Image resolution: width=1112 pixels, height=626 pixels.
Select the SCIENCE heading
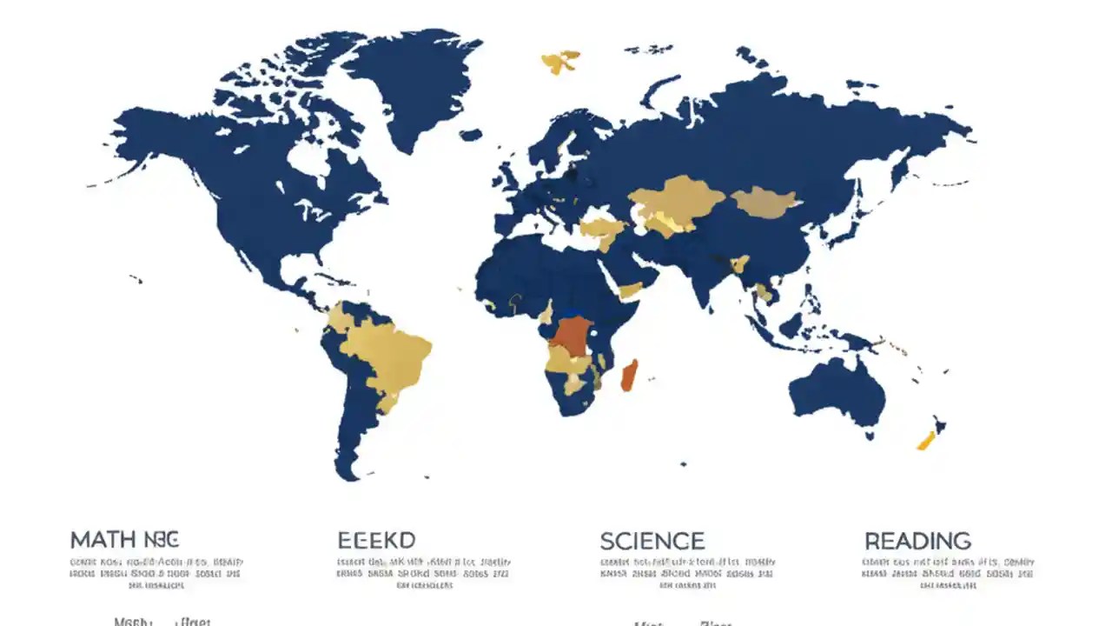[652, 542]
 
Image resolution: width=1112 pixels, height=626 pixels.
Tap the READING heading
[917, 541]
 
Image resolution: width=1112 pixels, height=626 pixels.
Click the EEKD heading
[376, 541]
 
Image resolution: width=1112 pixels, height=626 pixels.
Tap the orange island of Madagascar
[630, 375]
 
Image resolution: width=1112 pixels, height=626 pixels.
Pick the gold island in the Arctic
[559, 62]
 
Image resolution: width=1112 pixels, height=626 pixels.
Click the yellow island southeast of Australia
[926, 440]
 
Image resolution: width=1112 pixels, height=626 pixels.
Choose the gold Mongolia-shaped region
[764, 203]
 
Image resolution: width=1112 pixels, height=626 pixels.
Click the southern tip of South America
[347, 469]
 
